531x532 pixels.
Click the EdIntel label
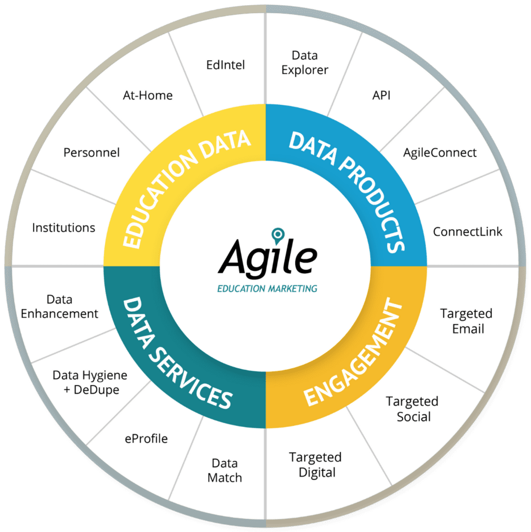click(x=225, y=65)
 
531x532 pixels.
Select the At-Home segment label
click(x=148, y=96)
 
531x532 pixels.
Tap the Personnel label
click(x=91, y=153)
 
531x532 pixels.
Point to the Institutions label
click(x=63, y=228)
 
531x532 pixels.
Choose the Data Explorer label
click(x=304, y=62)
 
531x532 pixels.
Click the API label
click(x=381, y=96)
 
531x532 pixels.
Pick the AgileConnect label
click(x=440, y=153)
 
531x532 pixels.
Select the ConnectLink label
click(x=468, y=232)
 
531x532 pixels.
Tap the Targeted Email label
click(x=466, y=321)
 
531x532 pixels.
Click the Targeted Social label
click(x=412, y=409)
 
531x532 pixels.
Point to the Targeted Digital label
click(x=315, y=464)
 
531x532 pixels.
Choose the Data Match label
click(x=224, y=470)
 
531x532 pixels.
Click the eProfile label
click(x=146, y=438)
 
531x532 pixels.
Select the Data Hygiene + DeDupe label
click(x=90, y=382)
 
